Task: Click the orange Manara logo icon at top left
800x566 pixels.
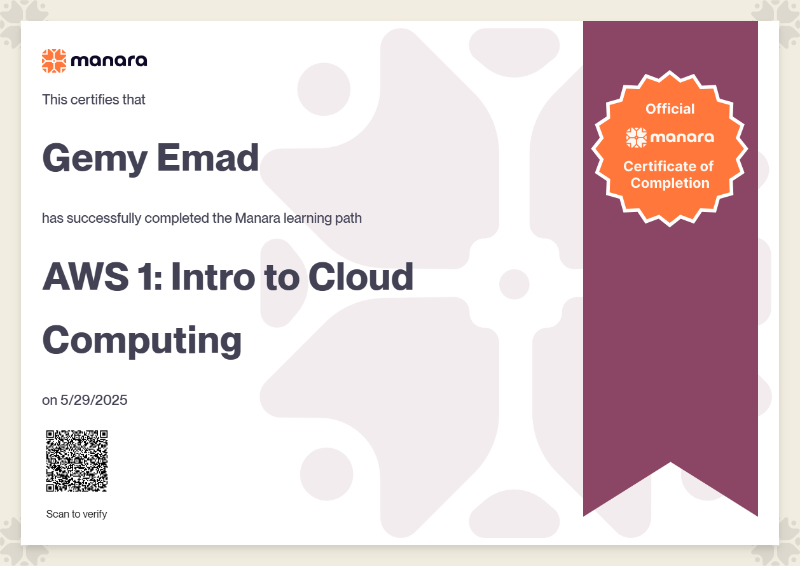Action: [54, 60]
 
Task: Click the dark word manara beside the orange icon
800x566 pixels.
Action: [109, 60]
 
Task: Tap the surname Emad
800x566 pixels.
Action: [207, 158]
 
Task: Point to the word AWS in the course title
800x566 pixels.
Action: [86, 276]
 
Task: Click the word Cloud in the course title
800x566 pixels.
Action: [361, 276]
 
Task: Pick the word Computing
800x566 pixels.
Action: [142, 341]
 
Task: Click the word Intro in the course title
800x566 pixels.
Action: [213, 276]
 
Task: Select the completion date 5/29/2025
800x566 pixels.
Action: [93, 400]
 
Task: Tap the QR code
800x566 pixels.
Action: [77, 461]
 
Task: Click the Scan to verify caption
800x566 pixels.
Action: [76, 514]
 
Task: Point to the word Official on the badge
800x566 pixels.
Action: [670, 109]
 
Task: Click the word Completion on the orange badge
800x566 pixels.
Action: [670, 183]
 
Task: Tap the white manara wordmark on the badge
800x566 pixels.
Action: [682, 138]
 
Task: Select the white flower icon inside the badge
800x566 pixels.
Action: [637, 138]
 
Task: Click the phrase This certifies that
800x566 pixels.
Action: [93, 100]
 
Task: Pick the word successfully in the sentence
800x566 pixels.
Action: [104, 218]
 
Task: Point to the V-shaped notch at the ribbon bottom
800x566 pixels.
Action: [670, 462]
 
